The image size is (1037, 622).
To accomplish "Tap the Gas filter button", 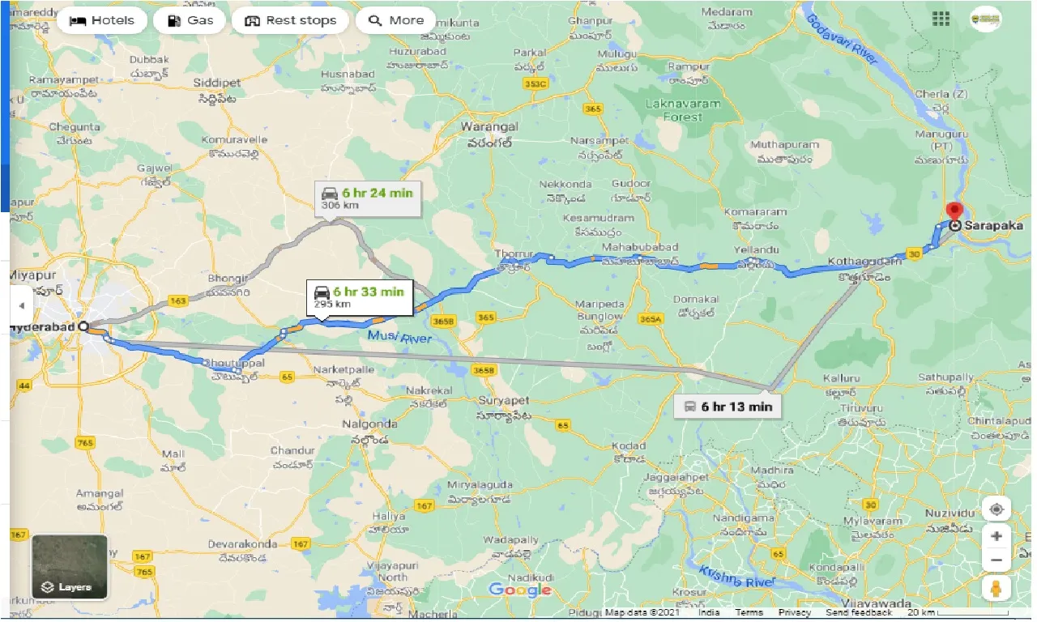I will pos(190,21).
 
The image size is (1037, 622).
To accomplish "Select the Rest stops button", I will pos(290,21).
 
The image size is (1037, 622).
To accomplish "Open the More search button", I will pos(396,21).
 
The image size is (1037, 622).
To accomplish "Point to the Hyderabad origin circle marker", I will pos(83,326).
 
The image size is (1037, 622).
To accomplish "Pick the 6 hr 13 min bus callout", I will pos(727,406).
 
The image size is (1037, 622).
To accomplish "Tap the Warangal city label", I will pos(489,127).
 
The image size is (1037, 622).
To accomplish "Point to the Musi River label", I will pos(399,336).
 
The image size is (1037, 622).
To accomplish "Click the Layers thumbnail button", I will pos(70,567).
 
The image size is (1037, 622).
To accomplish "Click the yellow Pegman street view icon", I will pos(996,589).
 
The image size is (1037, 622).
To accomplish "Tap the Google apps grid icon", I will pos(941,19).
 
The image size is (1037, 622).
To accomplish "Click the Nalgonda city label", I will pos(369,424).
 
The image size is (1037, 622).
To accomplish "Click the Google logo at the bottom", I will pos(519,590).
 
